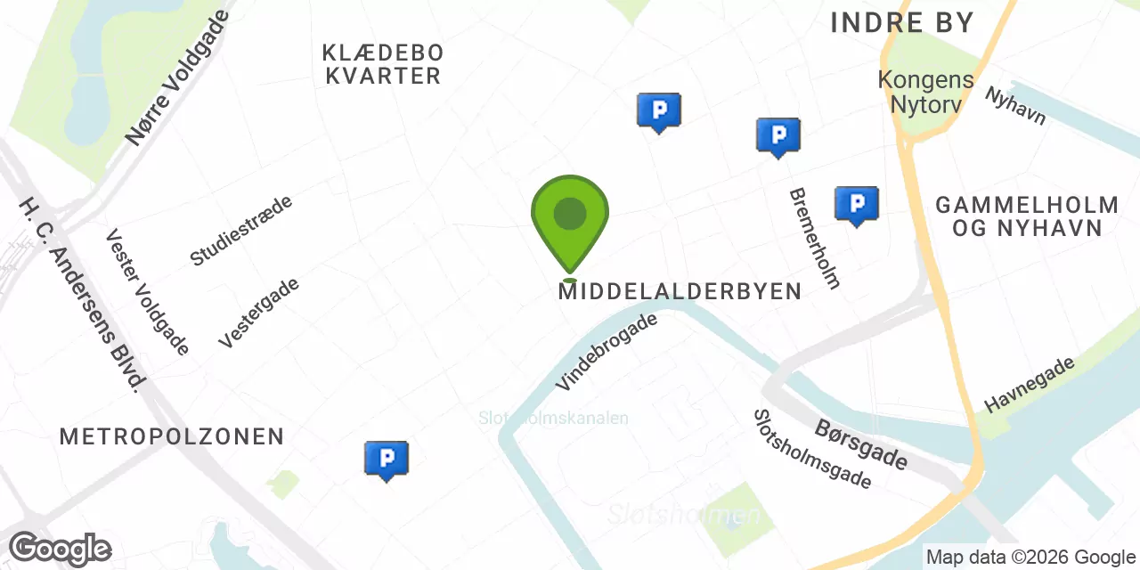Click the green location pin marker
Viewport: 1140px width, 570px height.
(x=570, y=217)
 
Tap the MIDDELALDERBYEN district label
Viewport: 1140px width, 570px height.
(x=680, y=291)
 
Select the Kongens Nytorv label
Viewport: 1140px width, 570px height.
(x=925, y=90)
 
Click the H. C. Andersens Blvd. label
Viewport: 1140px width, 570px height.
(x=82, y=294)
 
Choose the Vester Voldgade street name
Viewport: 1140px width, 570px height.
(x=147, y=292)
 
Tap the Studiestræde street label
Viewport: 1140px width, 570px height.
(x=240, y=231)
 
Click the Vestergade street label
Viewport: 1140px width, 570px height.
(x=258, y=313)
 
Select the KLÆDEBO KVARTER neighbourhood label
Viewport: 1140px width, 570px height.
(x=384, y=64)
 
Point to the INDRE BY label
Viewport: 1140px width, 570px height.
(x=902, y=23)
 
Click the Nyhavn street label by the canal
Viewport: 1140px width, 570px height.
(x=1014, y=105)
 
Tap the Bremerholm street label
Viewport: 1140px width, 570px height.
(x=814, y=238)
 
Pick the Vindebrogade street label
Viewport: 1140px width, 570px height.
(x=607, y=351)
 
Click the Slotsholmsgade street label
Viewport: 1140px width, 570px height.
(x=811, y=449)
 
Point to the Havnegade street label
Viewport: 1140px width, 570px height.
(x=1030, y=385)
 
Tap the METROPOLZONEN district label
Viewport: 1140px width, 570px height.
(x=172, y=436)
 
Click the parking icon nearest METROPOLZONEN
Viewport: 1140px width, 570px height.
(x=387, y=459)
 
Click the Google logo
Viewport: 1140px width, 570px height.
(x=60, y=549)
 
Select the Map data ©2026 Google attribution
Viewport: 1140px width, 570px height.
(x=1030, y=558)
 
